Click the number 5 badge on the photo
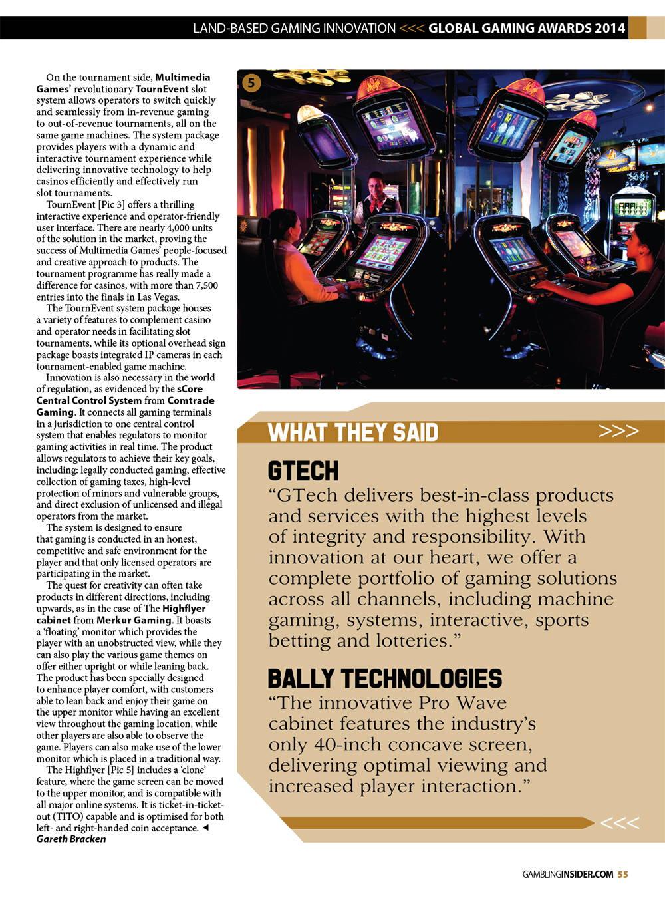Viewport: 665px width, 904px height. point(251,82)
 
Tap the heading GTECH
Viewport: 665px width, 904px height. point(303,471)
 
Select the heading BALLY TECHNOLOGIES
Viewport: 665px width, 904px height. point(384,678)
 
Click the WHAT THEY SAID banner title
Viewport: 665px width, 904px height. point(353,432)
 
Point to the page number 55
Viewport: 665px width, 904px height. point(622,875)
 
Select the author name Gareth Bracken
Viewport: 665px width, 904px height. point(71,839)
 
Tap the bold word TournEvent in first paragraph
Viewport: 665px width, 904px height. point(162,89)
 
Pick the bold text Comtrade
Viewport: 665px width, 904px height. point(191,400)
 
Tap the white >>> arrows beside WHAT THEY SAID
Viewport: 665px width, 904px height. point(618,431)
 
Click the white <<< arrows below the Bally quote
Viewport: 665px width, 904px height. point(619,824)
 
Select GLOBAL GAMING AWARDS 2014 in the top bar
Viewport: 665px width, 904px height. point(527,28)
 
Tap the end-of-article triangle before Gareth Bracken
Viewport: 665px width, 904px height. point(205,828)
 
